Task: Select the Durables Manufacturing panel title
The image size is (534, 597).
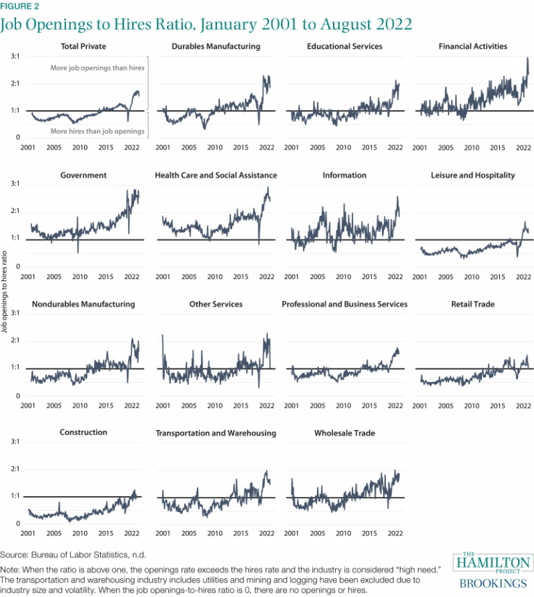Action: [216, 47]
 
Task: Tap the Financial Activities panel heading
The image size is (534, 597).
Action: [473, 47]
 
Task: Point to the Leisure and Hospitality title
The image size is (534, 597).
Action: [473, 175]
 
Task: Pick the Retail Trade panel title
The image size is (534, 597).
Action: [473, 304]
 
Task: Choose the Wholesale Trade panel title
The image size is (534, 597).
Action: [344, 433]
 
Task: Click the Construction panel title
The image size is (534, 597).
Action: [83, 432]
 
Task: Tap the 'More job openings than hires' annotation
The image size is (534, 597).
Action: [97, 68]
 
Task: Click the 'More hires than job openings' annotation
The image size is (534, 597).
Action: [97, 131]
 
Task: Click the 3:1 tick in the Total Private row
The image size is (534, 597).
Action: [14, 56]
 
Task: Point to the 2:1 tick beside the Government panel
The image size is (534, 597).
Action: [14, 212]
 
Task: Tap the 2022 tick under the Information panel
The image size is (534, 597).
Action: [395, 276]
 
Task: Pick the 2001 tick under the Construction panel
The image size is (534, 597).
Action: [28, 534]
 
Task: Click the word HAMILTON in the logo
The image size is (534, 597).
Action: [493, 562]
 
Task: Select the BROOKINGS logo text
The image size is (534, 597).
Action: [493, 583]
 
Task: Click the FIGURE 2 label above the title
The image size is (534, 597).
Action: [19, 6]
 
